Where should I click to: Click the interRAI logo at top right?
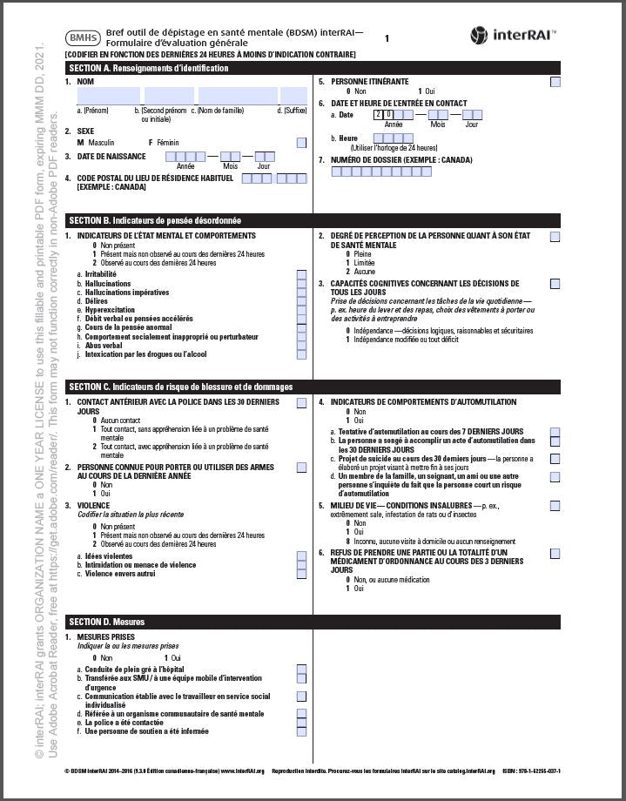514,35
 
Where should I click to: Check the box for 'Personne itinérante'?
555,83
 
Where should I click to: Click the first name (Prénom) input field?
108,96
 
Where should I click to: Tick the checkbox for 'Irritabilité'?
301,274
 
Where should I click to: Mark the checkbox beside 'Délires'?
301,301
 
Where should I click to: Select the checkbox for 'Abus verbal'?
301,346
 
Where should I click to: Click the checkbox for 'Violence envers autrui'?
301,574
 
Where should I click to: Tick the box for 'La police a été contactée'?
301,722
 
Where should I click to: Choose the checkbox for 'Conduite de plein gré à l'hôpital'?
301,669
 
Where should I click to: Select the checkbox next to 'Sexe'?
301,143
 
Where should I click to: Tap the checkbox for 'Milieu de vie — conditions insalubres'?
555,506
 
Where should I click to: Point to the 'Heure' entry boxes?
393,138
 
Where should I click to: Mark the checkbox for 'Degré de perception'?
555,236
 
